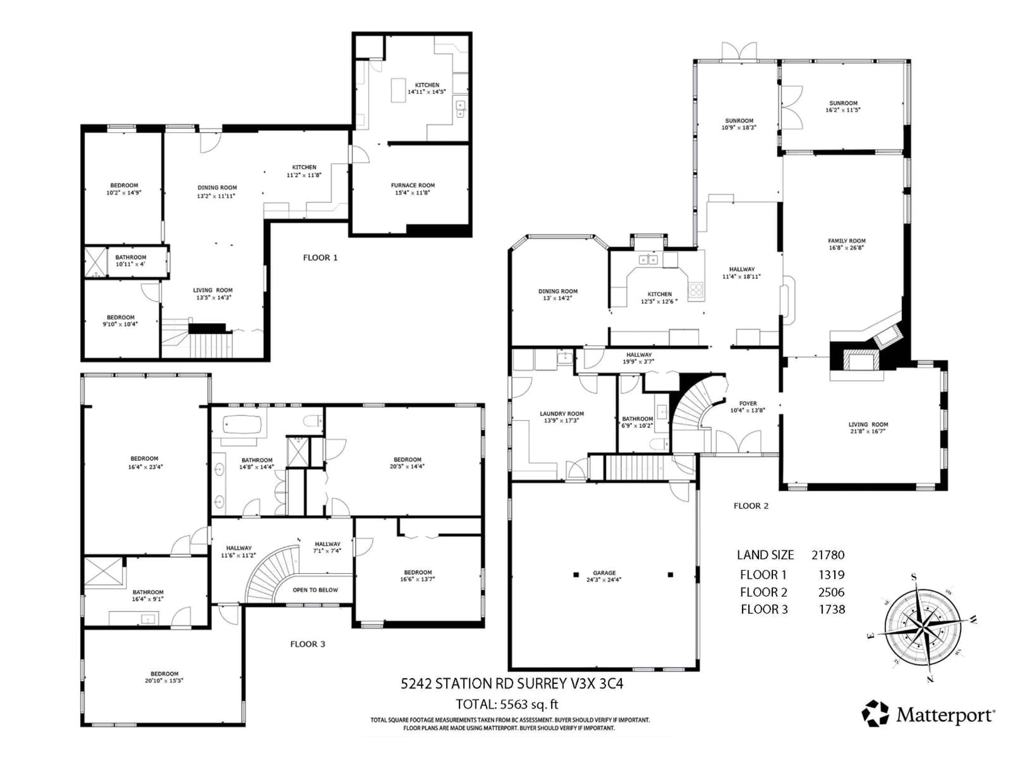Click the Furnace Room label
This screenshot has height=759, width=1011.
click(413, 185)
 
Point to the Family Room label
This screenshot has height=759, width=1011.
click(846, 241)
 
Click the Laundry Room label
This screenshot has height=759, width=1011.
click(562, 413)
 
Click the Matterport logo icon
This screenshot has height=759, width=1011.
click(875, 713)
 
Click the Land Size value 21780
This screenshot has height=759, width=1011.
click(828, 555)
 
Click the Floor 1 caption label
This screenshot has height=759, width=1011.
click(320, 257)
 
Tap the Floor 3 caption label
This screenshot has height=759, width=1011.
click(308, 644)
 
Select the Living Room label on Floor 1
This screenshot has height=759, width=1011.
click(212, 290)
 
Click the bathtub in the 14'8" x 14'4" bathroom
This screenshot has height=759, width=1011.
click(242, 425)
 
